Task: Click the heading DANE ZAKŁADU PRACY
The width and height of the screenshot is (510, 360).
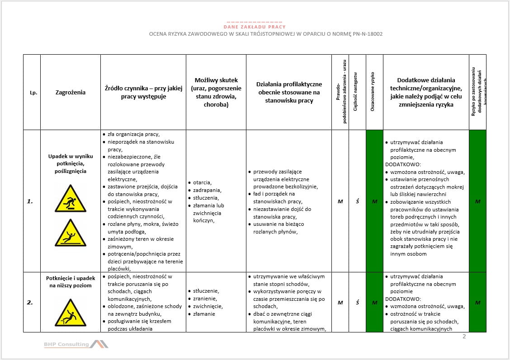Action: (255, 27)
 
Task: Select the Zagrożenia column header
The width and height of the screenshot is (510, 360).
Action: (71, 92)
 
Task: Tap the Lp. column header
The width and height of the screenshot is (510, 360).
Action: (32, 93)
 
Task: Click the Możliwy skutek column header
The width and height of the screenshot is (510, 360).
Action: (216, 92)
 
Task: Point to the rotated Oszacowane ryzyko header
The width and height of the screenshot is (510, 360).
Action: (373, 92)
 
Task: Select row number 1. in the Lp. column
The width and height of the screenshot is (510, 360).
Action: (30, 201)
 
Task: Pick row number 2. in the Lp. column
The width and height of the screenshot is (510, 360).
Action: (30, 303)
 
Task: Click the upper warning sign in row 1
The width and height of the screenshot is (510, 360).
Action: (71, 199)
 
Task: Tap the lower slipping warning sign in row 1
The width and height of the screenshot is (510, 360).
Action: (71, 233)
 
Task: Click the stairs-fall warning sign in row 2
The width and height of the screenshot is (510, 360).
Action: (71, 313)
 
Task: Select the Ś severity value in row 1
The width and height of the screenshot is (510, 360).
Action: (357, 201)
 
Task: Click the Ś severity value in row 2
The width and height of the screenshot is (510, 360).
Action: (357, 303)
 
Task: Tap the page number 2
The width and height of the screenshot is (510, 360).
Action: (464, 337)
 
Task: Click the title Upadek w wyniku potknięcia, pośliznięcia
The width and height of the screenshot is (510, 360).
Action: (71, 164)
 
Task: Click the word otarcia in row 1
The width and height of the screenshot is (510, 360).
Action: (202, 182)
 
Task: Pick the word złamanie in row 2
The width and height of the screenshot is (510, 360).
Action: (204, 314)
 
